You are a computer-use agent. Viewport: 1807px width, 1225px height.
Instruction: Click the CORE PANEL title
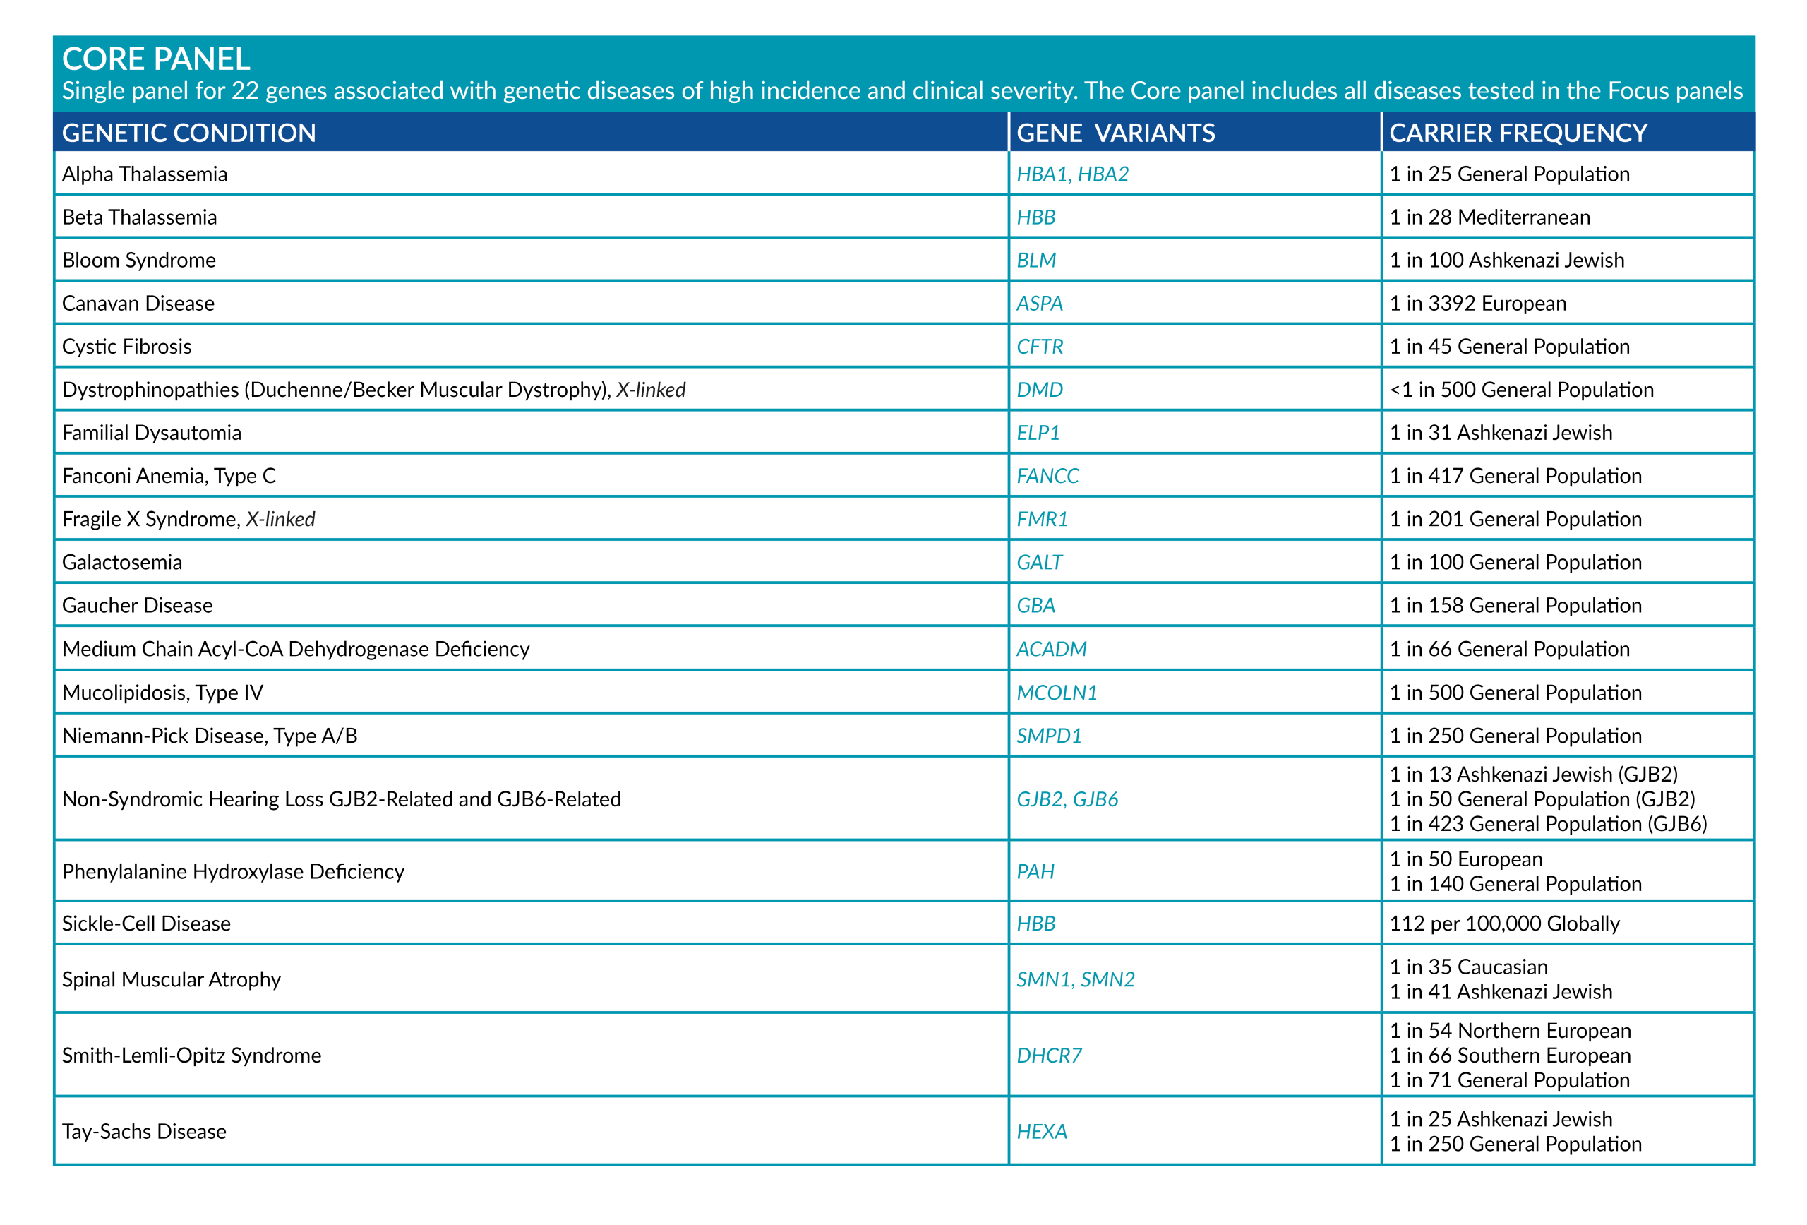click(155, 59)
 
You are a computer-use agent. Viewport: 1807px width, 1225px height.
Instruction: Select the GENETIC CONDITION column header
click(189, 133)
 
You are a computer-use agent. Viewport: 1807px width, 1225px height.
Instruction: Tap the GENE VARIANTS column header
click(1115, 133)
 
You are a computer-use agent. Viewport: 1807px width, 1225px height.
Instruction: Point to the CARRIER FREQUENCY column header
click(1518, 133)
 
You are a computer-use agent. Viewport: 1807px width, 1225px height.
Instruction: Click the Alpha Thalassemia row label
click(145, 174)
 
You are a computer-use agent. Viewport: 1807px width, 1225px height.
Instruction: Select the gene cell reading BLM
click(1035, 261)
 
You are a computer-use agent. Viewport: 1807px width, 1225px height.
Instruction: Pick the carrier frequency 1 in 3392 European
click(1477, 304)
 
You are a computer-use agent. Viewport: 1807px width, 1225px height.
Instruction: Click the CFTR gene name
click(1040, 347)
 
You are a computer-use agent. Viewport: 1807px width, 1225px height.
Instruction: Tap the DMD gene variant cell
click(1040, 390)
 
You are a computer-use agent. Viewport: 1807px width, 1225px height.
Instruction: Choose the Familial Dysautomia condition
click(152, 434)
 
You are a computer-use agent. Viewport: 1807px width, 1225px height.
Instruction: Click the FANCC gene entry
click(1047, 476)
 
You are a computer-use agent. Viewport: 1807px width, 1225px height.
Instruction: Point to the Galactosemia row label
click(122, 562)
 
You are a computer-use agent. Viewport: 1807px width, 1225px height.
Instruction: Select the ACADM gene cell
click(1051, 650)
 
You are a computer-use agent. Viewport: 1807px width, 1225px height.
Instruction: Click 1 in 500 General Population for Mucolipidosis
click(1515, 693)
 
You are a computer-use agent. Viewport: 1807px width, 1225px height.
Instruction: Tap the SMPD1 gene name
click(1049, 736)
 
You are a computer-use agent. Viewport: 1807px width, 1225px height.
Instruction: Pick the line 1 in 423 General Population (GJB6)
click(1548, 825)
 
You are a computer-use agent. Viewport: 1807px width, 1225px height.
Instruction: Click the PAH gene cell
click(1035, 872)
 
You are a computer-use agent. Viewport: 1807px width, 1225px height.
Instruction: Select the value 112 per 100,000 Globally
click(1504, 924)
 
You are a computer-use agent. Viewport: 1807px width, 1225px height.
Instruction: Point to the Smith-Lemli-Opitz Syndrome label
click(191, 1056)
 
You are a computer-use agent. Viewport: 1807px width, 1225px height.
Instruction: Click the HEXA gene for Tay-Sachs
click(1042, 1132)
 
